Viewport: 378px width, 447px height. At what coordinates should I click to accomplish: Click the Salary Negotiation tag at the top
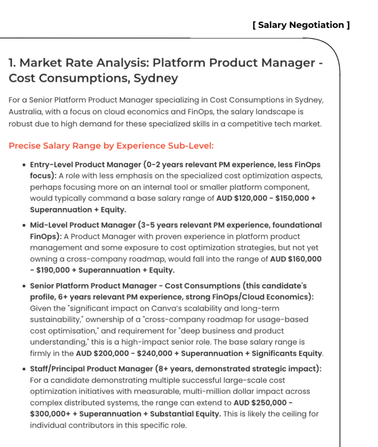(301, 25)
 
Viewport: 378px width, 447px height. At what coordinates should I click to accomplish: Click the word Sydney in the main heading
(155, 79)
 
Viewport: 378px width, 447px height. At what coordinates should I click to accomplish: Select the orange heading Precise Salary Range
(111, 146)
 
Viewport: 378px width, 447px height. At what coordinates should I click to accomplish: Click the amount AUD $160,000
(296, 259)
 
